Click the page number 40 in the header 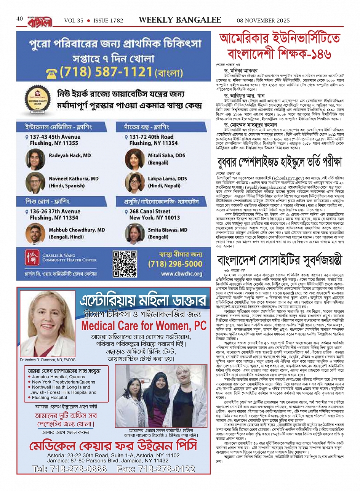click(20, 19)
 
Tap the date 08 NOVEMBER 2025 click(263, 21)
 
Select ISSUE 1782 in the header click(108, 21)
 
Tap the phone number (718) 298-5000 click(175, 264)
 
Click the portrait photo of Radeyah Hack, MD click(35, 159)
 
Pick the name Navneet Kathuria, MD click(74, 178)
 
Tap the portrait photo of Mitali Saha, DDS click(134, 159)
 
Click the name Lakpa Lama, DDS click(167, 178)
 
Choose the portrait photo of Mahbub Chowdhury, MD click(35, 234)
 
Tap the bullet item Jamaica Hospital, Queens click(58, 377)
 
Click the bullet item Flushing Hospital click(49, 397)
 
